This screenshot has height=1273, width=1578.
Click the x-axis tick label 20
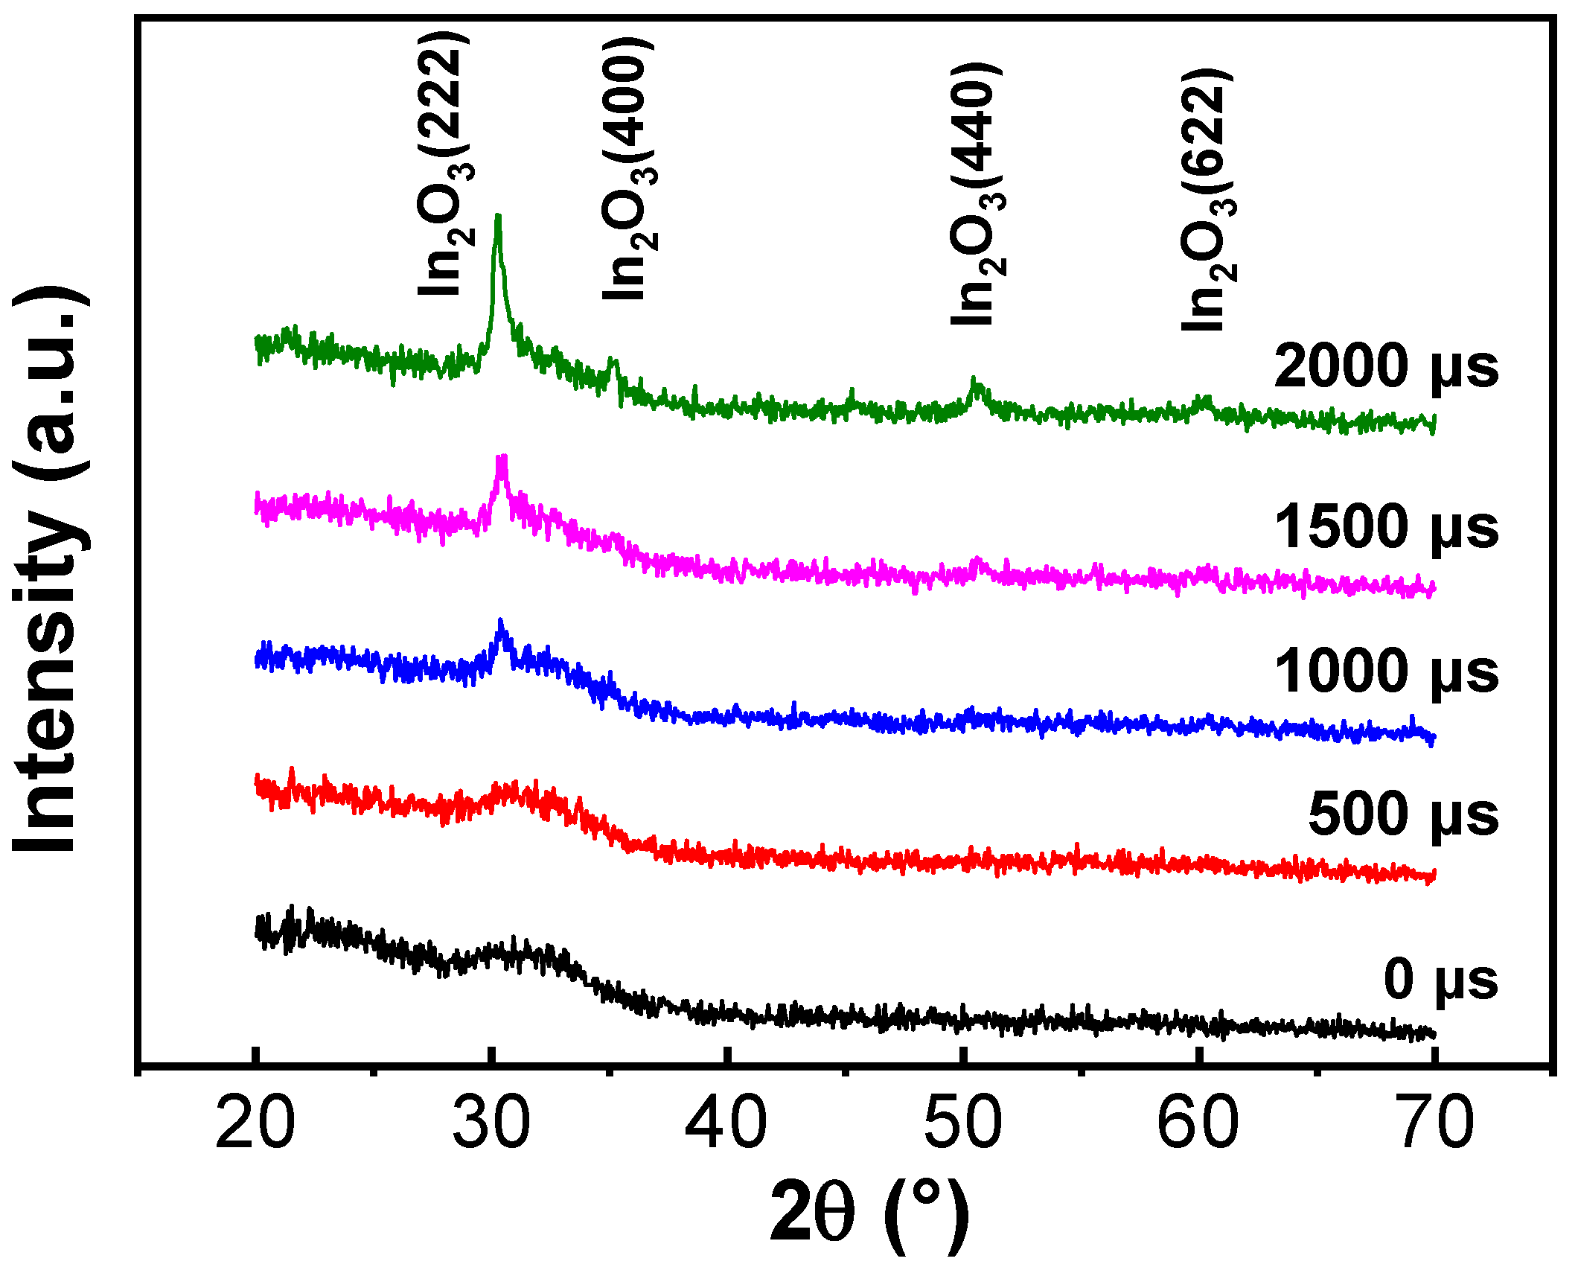(255, 1123)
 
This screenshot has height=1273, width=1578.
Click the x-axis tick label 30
(491, 1123)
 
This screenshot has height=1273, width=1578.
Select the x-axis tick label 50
(963, 1123)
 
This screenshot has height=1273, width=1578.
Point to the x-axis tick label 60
(1198, 1123)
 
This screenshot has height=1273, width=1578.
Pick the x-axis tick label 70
(1436, 1123)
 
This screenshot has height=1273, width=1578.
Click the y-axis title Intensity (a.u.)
(51, 569)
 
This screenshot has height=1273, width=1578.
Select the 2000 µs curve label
(1386, 367)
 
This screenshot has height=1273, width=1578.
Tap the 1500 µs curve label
(1386, 528)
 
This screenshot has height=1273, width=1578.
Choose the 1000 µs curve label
(1386, 672)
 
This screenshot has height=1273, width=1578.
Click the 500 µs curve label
(1403, 815)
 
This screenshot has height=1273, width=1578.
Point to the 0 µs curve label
(1440, 980)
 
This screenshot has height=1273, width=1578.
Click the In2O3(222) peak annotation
(445, 164)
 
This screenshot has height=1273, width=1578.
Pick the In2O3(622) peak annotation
(1207, 199)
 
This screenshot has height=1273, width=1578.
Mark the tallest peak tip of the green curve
(498, 217)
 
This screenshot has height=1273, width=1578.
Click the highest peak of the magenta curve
(502, 458)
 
